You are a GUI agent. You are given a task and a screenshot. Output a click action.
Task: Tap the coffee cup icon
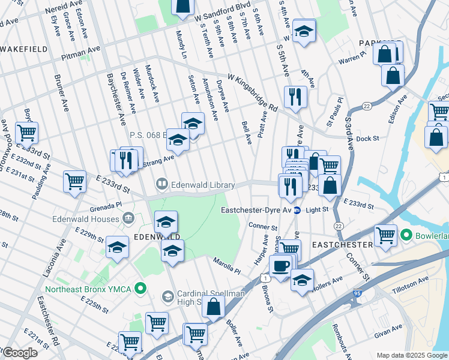(x=280, y=266)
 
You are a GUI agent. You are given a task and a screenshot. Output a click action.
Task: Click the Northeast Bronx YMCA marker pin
(x=140, y=289)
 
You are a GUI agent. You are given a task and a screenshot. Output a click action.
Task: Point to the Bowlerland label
(x=432, y=235)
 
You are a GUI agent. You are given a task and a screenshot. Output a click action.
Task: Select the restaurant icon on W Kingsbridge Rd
(x=295, y=97)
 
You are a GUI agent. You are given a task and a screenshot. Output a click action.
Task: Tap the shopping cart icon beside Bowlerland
(x=385, y=236)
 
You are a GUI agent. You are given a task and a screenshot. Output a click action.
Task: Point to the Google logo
(x=20, y=353)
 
